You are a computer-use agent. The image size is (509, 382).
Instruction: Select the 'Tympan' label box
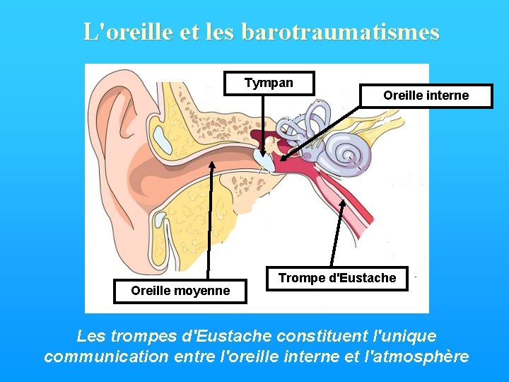tap(269, 83)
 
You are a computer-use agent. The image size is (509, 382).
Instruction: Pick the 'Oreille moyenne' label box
tap(180, 291)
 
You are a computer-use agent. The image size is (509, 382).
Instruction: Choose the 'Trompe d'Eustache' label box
tap(337, 278)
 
